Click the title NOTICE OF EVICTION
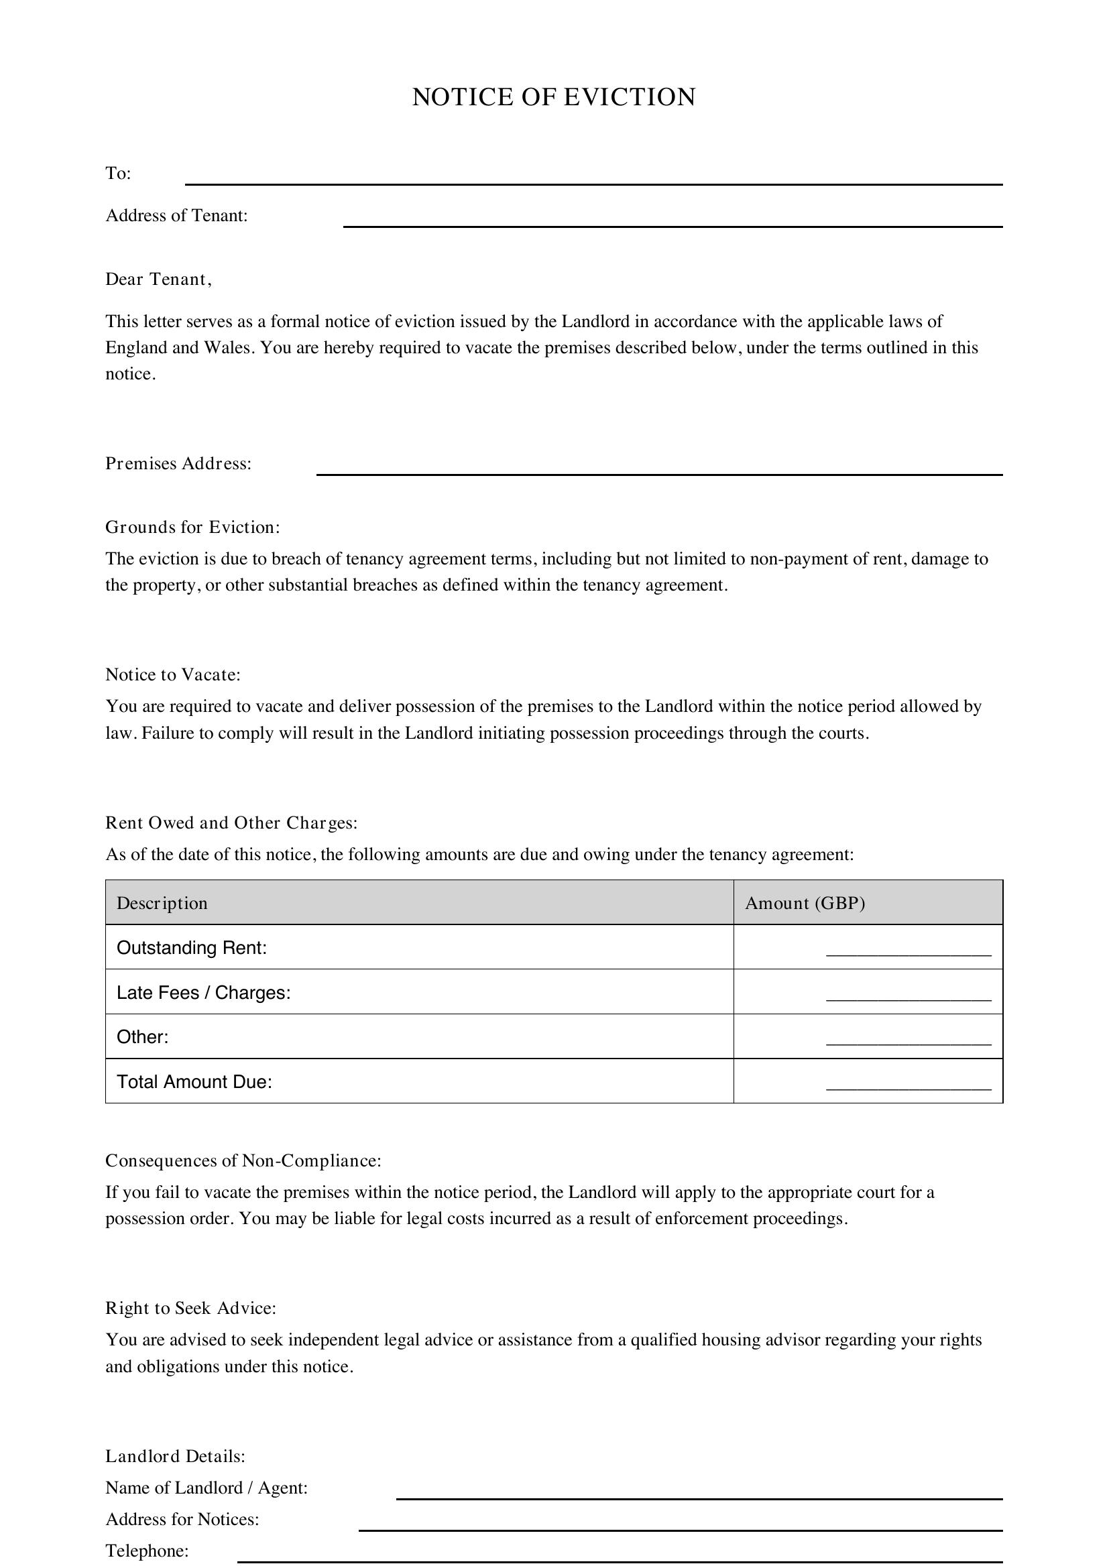click(554, 97)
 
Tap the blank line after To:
click(593, 179)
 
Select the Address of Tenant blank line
click(672, 221)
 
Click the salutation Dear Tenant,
click(158, 280)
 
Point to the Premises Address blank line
click(658, 469)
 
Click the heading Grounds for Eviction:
click(192, 527)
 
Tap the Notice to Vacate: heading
click(173, 675)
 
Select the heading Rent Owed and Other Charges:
click(231, 823)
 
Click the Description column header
click(162, 903)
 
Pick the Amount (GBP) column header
click(805, 903)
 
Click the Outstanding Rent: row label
click(191, 948)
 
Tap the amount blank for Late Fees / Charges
click(908, 995)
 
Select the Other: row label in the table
click(143, 1036)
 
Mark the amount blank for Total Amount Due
click(908, 1084)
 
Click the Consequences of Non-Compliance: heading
click(243, 1161)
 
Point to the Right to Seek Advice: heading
click(190, 1309)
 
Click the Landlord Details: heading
click(175, 1457)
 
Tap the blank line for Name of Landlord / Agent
click(699, 1494)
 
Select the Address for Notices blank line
click(680, 1525)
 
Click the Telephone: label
click(147, 1551)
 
